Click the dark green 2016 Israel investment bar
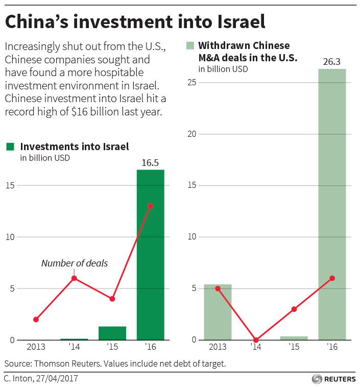tap(150, 255)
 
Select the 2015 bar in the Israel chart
tap(112, 333)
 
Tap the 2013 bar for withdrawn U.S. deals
tap(218, 311)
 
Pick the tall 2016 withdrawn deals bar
tap(332, 204)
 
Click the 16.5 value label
tap(150, 162)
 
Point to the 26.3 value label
tap(332, 61)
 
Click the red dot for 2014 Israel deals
tap(75, 278)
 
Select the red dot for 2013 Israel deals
tap(36, 320)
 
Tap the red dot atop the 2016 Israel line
tap(150, 206)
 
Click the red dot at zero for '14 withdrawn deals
tap(256, 340)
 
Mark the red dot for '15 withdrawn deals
tap(294, 309)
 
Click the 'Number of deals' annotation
tap(75, 263)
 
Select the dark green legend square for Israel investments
tap(10, 147)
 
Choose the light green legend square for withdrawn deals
tap(190, 45)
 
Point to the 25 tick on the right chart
tap(191, 83)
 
